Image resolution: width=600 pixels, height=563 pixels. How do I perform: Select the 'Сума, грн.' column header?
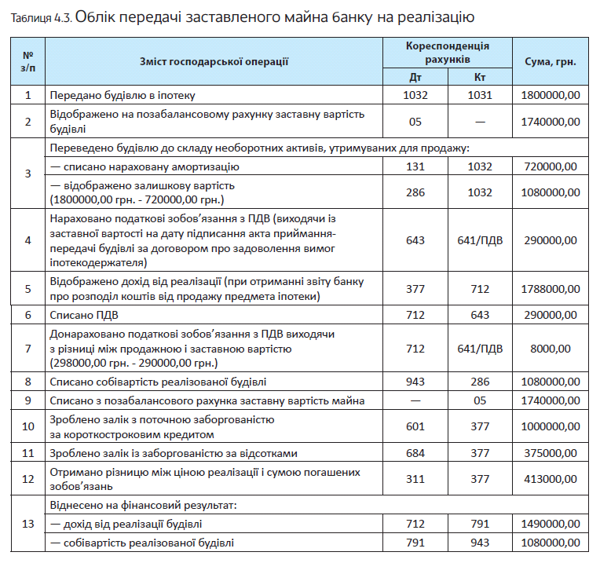coord(551,60)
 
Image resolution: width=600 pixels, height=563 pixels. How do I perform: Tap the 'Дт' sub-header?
coord(416,78)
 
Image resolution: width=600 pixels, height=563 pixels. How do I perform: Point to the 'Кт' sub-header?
coord(481,78)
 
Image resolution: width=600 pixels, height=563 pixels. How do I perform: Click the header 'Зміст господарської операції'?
coord(214,60)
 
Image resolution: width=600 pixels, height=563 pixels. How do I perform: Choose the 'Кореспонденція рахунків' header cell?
coord(448,53)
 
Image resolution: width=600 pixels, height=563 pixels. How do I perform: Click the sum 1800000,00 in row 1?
coord(551,95)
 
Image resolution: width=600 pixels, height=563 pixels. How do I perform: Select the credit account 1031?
coord(479,95)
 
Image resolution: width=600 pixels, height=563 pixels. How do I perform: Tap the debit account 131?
coord(416,166)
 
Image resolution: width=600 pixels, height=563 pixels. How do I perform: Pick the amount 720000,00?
coord(551,166)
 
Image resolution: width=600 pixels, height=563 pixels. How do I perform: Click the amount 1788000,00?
coord(551,288)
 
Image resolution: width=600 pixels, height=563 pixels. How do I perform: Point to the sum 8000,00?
coord(551,348)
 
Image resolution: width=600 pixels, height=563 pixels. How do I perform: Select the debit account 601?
coord(416,426)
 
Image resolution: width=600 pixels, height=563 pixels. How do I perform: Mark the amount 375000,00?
coord(551,453)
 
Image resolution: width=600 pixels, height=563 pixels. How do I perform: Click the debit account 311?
coord(416,479)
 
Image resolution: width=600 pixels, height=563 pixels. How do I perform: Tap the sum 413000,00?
coord(551,479)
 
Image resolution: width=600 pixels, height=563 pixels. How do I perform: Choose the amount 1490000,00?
coord(551,523)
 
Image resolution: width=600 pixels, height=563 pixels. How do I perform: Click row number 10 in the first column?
coord(28,426)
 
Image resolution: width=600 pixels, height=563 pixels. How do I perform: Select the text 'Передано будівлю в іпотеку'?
coord(122,95)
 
